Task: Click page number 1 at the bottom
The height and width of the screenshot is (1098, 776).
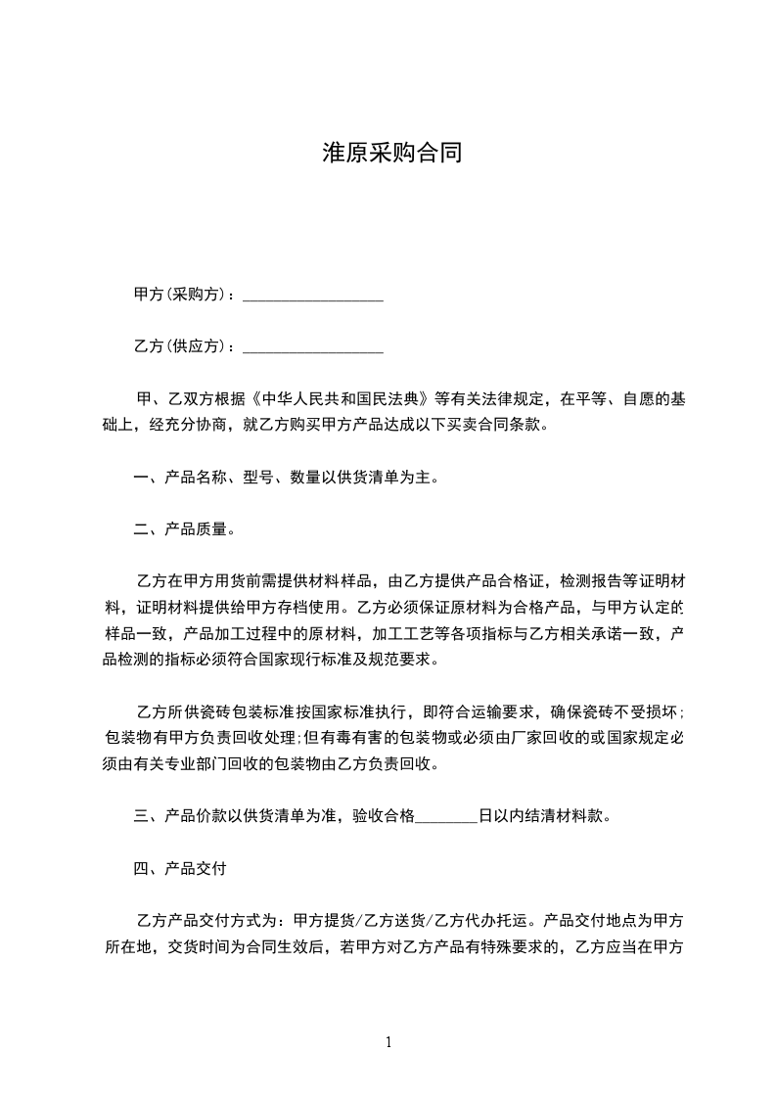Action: pyautogui.click(x=388, y=1042)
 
